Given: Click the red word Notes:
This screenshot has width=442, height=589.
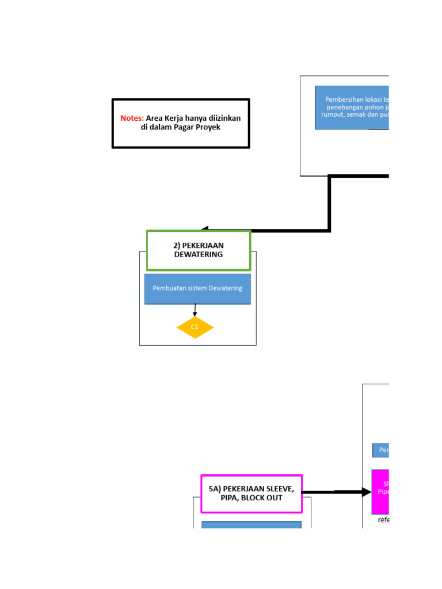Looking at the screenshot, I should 132,118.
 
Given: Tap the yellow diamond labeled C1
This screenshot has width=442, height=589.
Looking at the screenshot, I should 195,327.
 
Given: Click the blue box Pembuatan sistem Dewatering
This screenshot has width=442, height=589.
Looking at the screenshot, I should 197,288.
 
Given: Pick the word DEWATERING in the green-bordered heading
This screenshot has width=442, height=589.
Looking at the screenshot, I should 199,254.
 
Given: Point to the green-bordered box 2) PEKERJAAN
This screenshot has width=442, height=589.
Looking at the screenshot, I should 199,245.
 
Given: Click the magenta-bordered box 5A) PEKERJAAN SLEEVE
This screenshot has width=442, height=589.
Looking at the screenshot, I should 252,493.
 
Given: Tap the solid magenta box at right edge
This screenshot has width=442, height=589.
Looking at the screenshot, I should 380,492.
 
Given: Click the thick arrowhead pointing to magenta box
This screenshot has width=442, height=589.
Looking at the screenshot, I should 367,492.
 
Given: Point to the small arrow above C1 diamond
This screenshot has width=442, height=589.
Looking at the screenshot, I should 195,311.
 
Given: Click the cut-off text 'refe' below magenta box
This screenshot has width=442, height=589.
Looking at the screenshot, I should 383,520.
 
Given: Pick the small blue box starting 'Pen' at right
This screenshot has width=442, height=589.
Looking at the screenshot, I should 380,450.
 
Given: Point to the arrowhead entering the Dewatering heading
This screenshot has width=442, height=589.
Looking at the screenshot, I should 205,230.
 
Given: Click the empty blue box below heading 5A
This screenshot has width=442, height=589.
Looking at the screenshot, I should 252,525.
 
